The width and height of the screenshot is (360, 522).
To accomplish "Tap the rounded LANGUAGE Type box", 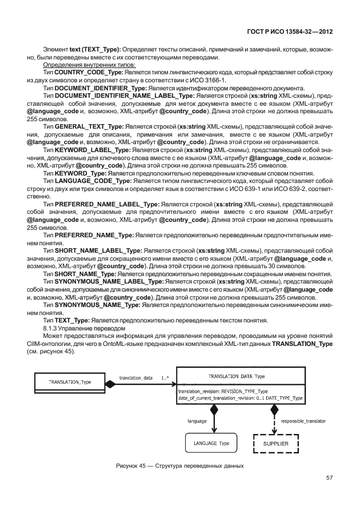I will coord(212,443).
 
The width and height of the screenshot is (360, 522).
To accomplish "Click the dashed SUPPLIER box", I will coord(275,443).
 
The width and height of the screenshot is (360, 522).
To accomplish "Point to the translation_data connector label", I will coord(135,377).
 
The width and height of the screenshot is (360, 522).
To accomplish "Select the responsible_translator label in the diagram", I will coord(303,420).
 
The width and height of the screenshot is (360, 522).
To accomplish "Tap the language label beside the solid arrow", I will coord(197,420).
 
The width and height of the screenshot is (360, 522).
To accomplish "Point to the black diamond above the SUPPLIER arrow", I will coord(275,409).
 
